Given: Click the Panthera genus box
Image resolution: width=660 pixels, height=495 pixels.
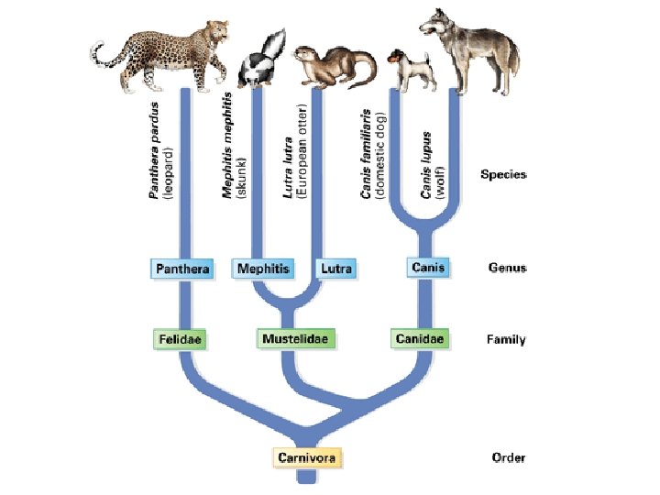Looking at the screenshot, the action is (x=181, y=269).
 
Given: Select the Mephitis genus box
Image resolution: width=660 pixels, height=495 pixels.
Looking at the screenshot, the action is (x=263, y=269).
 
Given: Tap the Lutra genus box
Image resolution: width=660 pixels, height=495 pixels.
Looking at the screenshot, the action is (x=335, y=269).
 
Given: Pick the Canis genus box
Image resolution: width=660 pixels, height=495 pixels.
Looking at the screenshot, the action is (x=427, y=268).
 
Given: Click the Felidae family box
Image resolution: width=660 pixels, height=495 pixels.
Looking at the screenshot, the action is (x=180, y=339).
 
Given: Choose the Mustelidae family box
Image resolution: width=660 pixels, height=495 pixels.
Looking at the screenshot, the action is (x=295, y=339).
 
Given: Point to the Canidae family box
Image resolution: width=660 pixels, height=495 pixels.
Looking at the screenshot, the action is (x=421, y=339).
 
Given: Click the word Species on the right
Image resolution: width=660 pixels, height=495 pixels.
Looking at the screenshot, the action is (x=504, y=174).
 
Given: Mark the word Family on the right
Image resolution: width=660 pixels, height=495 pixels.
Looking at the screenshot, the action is (x=505, y=340).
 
